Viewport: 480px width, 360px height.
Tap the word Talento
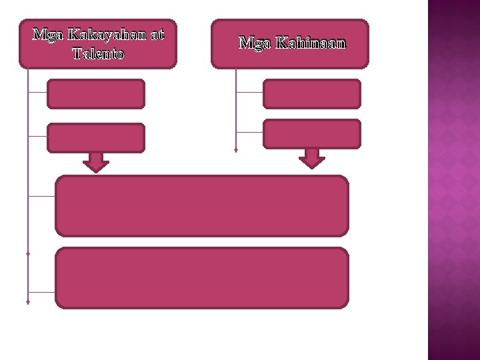pos(98,53)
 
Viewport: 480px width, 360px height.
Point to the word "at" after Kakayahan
pos(156,35)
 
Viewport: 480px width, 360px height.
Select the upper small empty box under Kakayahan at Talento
pos(96,94)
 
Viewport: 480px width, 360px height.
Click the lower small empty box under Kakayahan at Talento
pos(96,138)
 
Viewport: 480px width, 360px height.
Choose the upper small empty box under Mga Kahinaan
pos(311,94)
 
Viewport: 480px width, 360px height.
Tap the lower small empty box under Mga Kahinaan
pos(311,133)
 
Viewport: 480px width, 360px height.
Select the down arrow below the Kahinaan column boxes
pos(311,159)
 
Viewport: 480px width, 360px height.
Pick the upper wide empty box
pos(202,206)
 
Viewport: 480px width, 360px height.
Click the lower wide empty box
pos(202,278)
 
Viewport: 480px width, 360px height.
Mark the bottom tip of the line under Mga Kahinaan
pos(236,151)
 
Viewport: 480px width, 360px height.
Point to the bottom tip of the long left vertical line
pos(28,302)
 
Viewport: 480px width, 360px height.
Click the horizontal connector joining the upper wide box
pos(42,196)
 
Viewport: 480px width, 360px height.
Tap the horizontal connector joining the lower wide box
pos(42,292)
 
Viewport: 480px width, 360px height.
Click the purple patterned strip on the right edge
pos(453,180)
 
